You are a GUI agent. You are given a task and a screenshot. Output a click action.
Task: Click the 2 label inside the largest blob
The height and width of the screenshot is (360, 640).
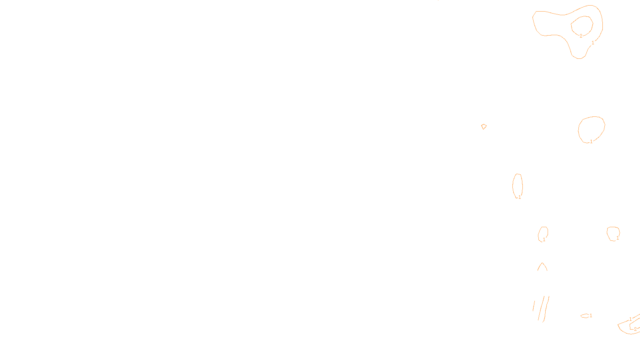(581, 36)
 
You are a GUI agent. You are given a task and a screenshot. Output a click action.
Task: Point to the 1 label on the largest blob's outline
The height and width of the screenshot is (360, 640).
(593, 42)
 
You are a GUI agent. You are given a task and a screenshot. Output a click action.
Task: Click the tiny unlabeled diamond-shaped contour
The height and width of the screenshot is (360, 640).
(484, 126)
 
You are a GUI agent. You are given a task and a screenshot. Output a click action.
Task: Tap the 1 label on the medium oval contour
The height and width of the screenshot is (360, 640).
(591, 142)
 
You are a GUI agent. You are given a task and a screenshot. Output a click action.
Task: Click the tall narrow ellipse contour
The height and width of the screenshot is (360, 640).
(513, 185)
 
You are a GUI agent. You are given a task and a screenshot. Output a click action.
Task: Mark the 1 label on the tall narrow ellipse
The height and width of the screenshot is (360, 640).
(520, 197)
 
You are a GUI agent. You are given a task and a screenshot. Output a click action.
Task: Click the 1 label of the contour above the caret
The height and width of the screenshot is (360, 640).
(544, 240)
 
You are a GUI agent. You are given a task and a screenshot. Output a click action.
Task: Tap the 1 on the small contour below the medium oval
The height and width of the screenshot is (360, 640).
(618, 238)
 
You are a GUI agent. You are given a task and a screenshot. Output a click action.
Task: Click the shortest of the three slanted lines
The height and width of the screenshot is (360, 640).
(534, 306)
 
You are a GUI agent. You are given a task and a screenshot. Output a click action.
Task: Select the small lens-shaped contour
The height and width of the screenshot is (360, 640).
(584, 316)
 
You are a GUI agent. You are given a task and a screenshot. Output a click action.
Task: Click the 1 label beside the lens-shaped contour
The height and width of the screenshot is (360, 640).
(591, 316)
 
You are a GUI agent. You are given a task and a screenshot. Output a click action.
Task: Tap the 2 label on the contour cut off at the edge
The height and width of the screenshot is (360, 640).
(635, 329)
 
